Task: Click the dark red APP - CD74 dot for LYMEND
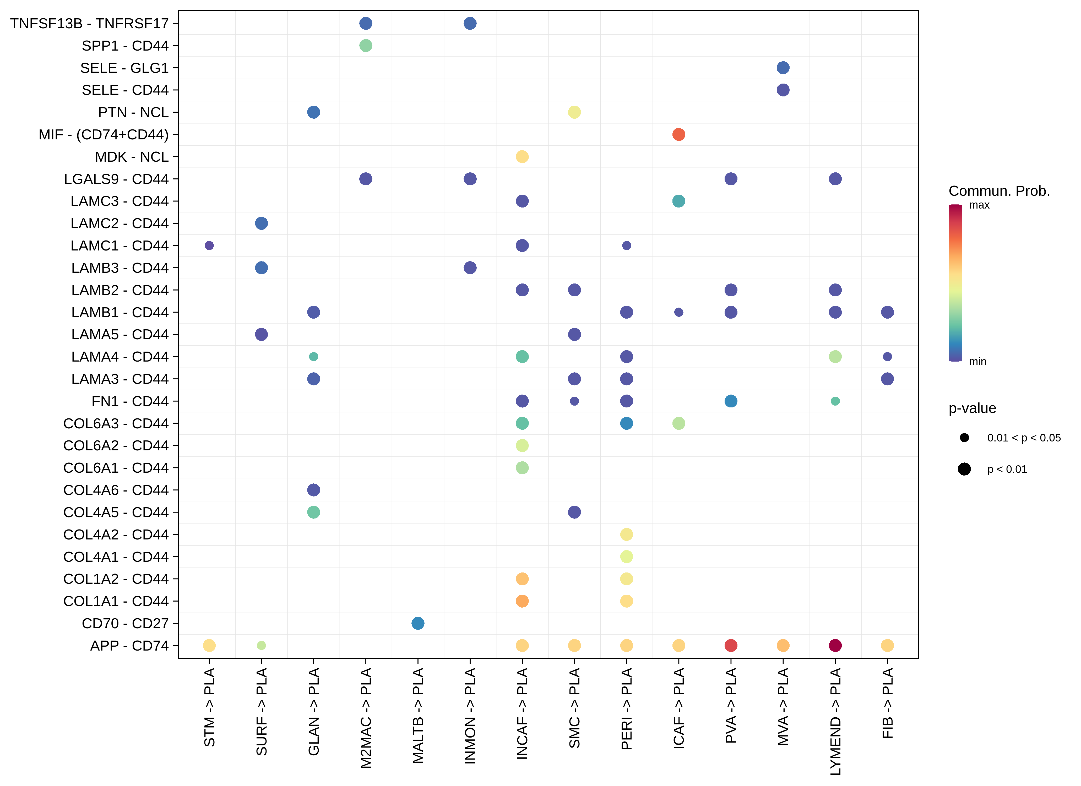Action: click(835, 645)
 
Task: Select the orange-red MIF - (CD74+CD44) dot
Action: click(679, 134)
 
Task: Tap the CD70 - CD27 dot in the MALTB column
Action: click(417, 623)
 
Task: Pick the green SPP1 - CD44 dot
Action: click(366, 46)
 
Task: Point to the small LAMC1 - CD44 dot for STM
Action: click(209, 245)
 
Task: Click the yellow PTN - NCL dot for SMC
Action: click(574, 112)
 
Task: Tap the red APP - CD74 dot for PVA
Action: click(731, 645)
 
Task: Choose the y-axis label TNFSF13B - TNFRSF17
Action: click(90, 23)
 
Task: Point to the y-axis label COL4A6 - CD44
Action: click(116, 490)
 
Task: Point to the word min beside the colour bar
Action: click(977, 362)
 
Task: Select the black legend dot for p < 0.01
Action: click(964, 469)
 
